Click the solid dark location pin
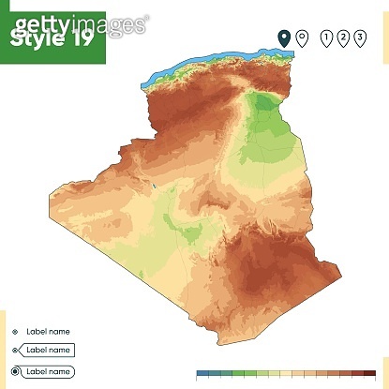[284, 37]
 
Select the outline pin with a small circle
[302, 37]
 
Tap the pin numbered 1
[326, 37]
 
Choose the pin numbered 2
[342, 37]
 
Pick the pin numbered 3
[359, 37]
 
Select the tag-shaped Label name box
[48, 350]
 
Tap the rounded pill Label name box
[48, 371]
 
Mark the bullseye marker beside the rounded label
[15, 371]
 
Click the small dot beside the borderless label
[15, 331]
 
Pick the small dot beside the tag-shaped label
[15, 350]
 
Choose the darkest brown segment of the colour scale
[379, 372]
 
